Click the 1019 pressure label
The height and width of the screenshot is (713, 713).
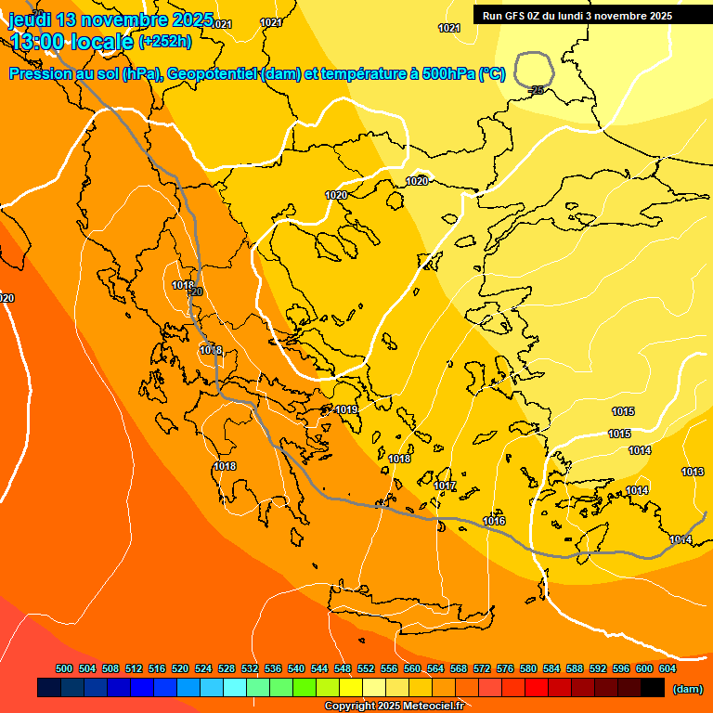(347, 409)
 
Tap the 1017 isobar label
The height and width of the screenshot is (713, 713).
(445, 486)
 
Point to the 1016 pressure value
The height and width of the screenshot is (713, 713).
(494, 521)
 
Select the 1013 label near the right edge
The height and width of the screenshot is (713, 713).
(693, 472)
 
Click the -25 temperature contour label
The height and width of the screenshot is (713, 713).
(537, 90)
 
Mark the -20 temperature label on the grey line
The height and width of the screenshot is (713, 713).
(195, 292)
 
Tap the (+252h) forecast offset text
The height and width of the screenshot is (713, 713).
(165, 42)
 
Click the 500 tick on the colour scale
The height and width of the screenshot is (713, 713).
(64, 668)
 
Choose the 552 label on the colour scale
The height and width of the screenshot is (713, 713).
(366, 668)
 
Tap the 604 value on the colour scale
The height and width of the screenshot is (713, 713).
(668, 668)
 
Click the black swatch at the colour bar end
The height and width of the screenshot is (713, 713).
(653, 688)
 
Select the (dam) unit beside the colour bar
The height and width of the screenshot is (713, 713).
(687, 689)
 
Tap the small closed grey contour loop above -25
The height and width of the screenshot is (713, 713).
(535, 68)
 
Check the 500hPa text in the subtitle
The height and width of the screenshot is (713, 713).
(449, 74)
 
